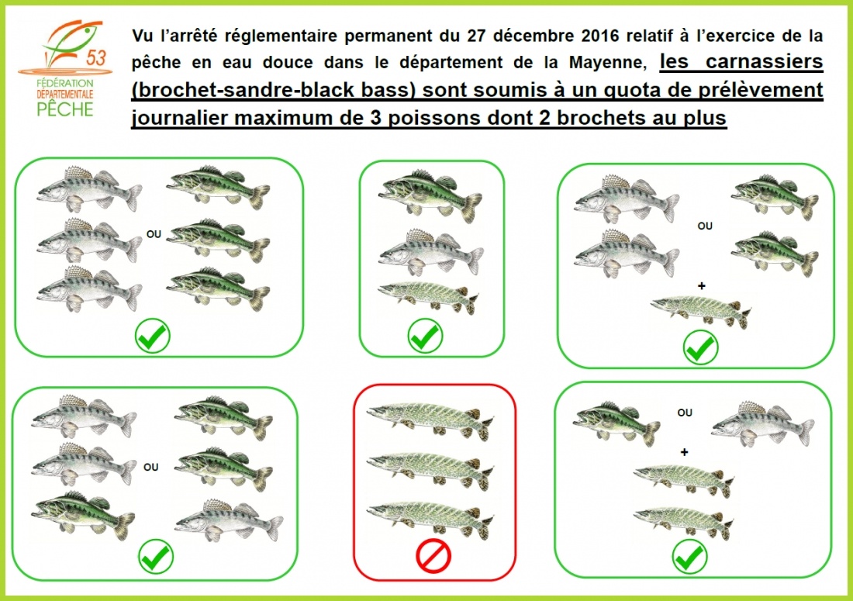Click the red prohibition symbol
coord(433,556)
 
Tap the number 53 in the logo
coord(95,57)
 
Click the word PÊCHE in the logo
coord(65,109)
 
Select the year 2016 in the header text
coord(600,36)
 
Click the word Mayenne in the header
coord(608,62)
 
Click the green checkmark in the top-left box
coord(153,336)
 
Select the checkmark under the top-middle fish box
coord(426,336)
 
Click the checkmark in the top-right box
coord(701,348)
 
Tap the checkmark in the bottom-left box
coord(156,556)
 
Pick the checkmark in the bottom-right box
coord(690,556)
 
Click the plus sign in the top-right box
coord(702,285)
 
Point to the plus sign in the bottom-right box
coord(685,451)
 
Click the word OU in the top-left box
coord(154,234)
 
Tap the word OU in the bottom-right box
coord(685,413)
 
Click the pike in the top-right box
coord(702,311)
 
